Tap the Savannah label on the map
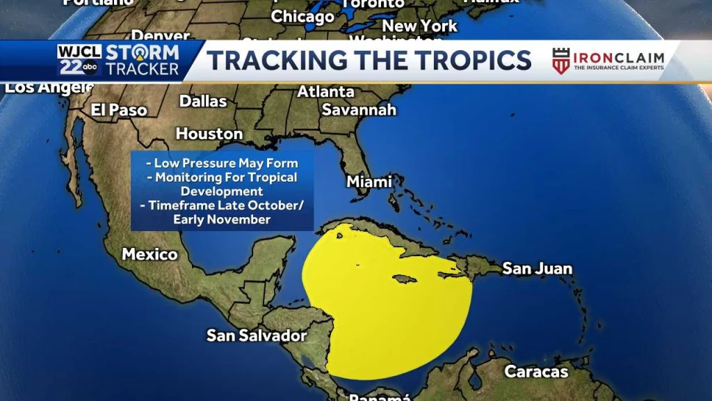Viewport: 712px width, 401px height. pos(359,110)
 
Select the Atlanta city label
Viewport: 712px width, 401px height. pos(325,92)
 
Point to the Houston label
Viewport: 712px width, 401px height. pos(209,133)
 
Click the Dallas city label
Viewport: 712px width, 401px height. pos(203,101)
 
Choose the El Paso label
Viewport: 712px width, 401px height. pos(119,110)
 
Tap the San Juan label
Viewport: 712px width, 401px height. pos(537,268)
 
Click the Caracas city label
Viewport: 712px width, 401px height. pos(536,371)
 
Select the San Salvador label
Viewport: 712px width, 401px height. pos(257,336)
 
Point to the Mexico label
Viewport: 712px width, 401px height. pos(149,254)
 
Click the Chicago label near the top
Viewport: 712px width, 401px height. pos(302,16)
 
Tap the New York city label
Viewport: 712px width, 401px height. pos(420,26)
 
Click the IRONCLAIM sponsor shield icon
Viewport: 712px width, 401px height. pos(560,61)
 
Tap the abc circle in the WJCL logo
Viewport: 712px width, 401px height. pos(91,68)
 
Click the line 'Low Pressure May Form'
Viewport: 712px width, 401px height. pos(222,164)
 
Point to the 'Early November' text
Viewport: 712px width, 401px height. pos(222,219)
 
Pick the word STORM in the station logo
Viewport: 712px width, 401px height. pos(143,53)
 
